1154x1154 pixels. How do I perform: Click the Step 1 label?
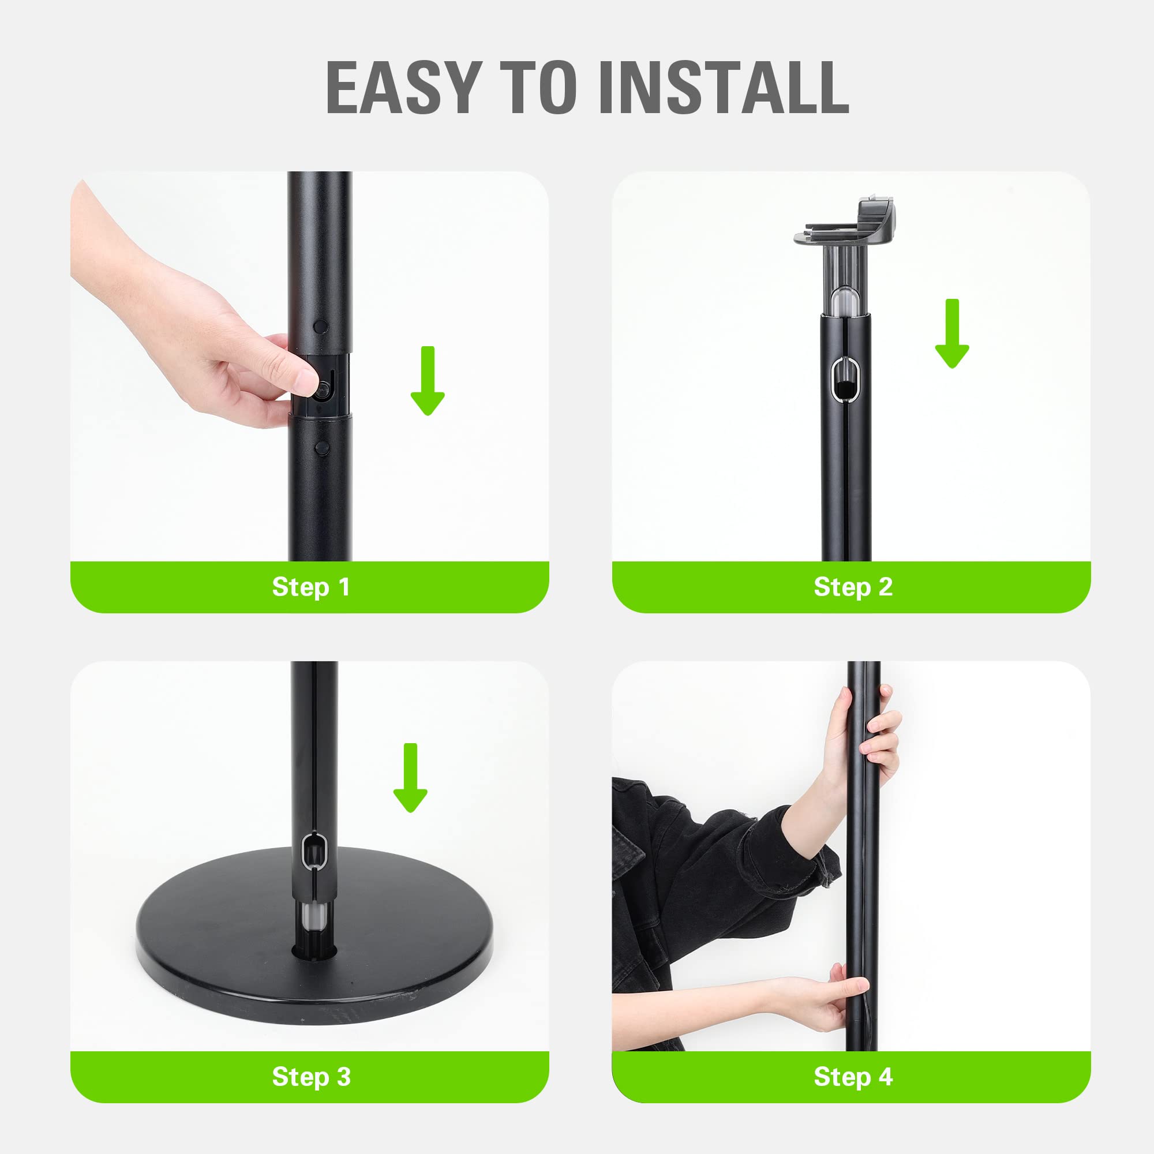pos(310,587)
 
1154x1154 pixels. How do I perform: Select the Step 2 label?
pos(852,587)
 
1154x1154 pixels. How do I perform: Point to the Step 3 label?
pos(310,1076)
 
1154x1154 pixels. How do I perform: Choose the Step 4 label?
pos(852,1076)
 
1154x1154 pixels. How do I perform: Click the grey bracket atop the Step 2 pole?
pos(847,224)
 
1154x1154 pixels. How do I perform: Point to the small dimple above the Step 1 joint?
pos(320,327)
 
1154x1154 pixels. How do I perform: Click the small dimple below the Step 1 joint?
pos(321,447)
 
